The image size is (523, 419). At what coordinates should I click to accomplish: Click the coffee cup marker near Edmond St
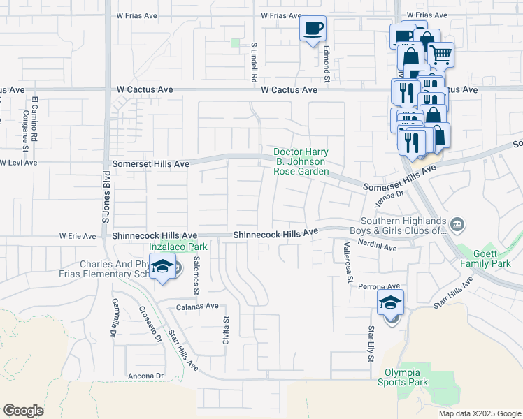(313, 29)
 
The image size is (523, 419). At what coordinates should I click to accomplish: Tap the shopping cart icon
(440, 54)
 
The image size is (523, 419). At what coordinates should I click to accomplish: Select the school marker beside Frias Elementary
(162, 267)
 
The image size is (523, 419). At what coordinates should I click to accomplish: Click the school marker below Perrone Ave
(391, 302)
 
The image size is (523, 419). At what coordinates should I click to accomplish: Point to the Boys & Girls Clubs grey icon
(457, 224)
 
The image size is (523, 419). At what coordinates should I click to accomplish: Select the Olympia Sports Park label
(402, 377)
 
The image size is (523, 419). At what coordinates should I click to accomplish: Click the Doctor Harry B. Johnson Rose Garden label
(301, 161)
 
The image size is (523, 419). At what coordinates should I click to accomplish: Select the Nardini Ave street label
(377, 247)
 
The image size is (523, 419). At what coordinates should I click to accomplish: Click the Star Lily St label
(371, 343)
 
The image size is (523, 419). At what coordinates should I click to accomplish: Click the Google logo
(23, 411)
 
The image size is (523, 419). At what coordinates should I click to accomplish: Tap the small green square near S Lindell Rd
(236, 43)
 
